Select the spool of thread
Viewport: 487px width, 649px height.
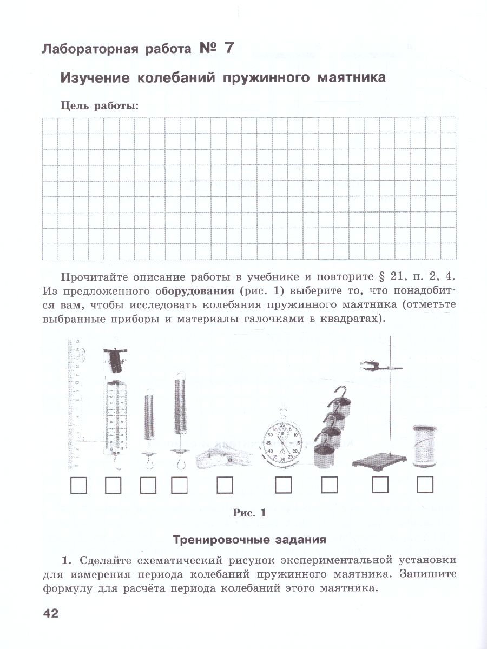(425, 446)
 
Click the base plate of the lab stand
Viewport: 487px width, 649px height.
(378, 462)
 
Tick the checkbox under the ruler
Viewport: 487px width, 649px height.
(78, 485)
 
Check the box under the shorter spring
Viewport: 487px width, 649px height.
(148, 485)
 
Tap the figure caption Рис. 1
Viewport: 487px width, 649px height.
(249, 513)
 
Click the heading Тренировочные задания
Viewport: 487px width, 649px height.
(249, 539)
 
